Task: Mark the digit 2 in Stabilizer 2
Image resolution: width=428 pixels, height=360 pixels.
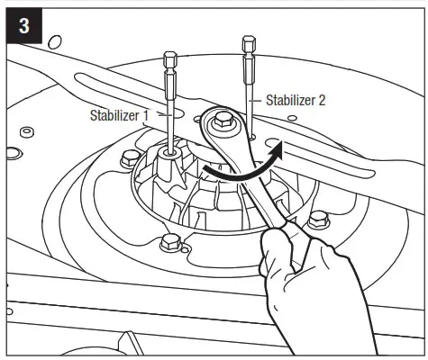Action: click(322, 100)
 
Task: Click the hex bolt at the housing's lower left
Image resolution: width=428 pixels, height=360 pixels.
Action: click(168, 243)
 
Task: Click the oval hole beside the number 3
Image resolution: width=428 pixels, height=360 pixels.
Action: click(55, 40)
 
